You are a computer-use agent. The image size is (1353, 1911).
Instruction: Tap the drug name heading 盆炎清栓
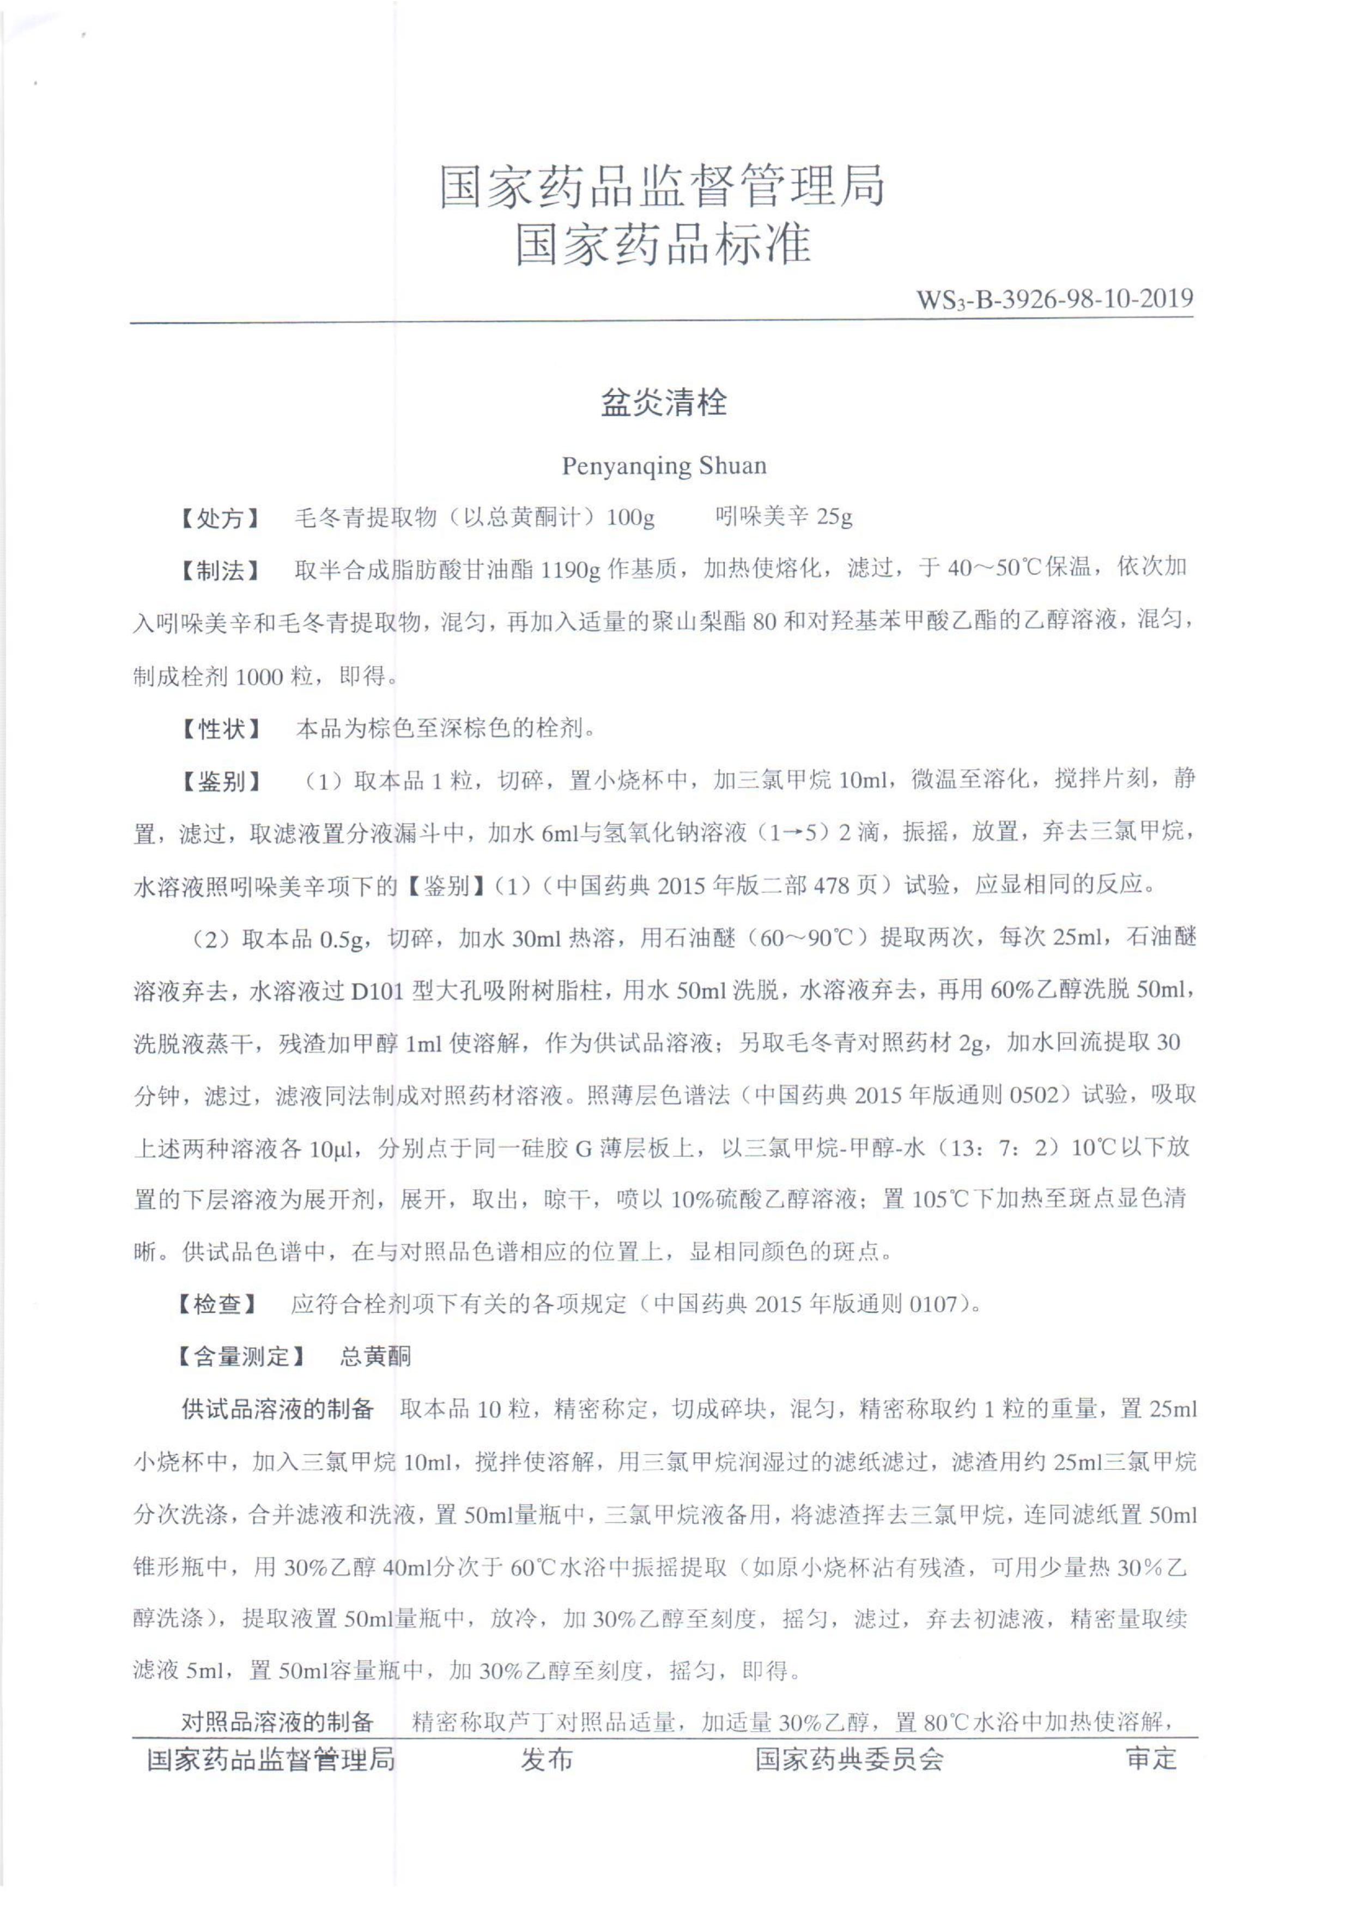(x=664, y=403)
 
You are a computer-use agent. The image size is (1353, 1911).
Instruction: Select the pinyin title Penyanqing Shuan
(x=664, y=465)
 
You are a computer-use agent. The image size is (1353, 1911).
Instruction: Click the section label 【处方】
(x=221, y=518)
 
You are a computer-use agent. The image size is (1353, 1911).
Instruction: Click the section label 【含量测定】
(x=241, y=1356)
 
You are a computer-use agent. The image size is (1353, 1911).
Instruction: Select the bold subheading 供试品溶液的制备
(x=277, y=1409)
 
